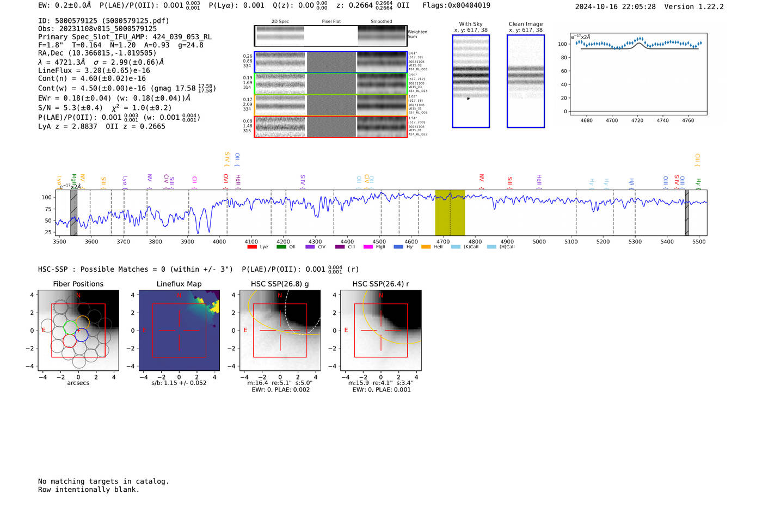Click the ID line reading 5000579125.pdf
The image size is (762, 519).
[103, 21]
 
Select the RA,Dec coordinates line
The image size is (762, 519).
[97, 53]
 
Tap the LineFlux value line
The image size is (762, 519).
[94, 70]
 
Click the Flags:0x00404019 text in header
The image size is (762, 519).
[456, 5]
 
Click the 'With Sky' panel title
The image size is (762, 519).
[470, 24]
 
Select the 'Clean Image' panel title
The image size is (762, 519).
[525, 24]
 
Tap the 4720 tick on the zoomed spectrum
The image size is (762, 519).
[637, 120]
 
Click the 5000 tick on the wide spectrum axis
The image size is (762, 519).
[539, 241]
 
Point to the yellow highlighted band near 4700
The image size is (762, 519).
[450, 212]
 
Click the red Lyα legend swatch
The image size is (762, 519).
[252, 247]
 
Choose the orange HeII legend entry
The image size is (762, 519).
[426, 247]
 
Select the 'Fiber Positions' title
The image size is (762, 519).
[78, 284]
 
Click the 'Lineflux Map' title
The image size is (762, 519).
[179, 284]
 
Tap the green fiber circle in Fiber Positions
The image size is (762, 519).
[70, 327]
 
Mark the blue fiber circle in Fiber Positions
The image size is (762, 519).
[82, 335]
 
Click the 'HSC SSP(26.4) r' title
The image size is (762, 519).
[380, 284]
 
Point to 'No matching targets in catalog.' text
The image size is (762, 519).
[103, 481]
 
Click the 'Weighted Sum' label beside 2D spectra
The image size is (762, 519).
[417, 34]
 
